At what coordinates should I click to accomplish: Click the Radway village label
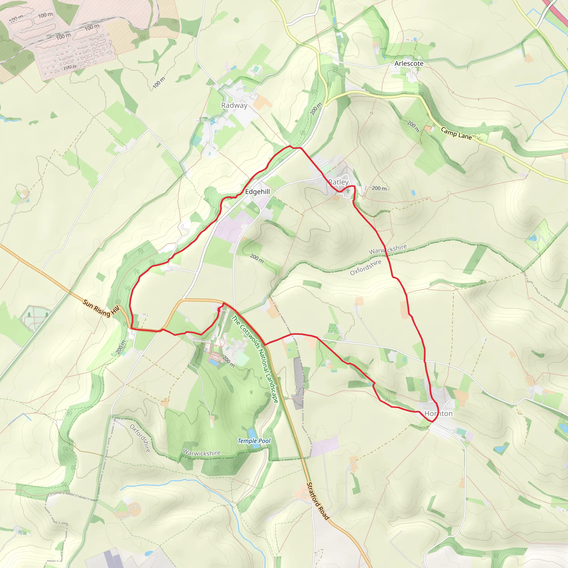pyautogui.click(x=234, y=105)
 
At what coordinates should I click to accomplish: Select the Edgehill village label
pyautogui.click(x=257, y=192)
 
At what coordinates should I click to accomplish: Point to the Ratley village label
pyautogui.click(x=338, y=182)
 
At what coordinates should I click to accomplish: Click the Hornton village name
pyautogui.click(x=438, y=413)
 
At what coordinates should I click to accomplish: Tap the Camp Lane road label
pyautogui.click(x=456, y=133)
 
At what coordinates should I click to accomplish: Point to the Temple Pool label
pyautogui.click(x=254, y=441)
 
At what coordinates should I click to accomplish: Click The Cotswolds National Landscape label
pyautogui.click(x=255, y=359)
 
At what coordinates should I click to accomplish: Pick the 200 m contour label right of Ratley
pyautogui.click(x=379, y=188)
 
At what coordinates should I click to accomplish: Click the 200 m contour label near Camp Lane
pyautogui.click(x=413, y=126)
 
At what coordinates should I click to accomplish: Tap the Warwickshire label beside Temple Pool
pyautogui.click(x=201, y=453)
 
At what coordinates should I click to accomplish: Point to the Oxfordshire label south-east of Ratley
pyautogui.click(x=366, y=267)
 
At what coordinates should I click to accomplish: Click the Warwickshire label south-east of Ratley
pyautogui.click(x=388, y=249)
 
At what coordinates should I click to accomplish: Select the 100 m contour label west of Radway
pyautogui.click(x=159, y=82)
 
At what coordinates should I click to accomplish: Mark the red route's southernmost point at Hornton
pyautogui.click(x=432, y=422)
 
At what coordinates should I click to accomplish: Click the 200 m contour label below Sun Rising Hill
pyautogui.click(x=121, y=347)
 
